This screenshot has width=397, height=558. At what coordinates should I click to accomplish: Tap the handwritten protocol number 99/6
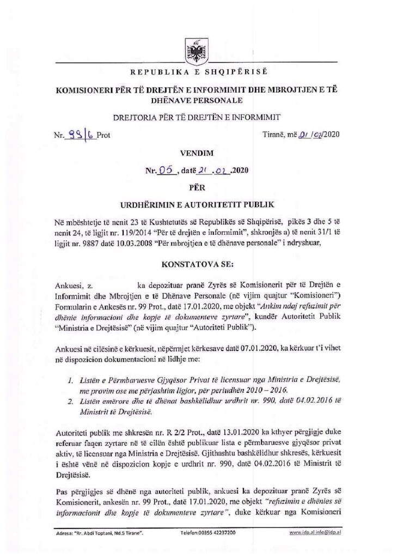click(82, 137)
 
